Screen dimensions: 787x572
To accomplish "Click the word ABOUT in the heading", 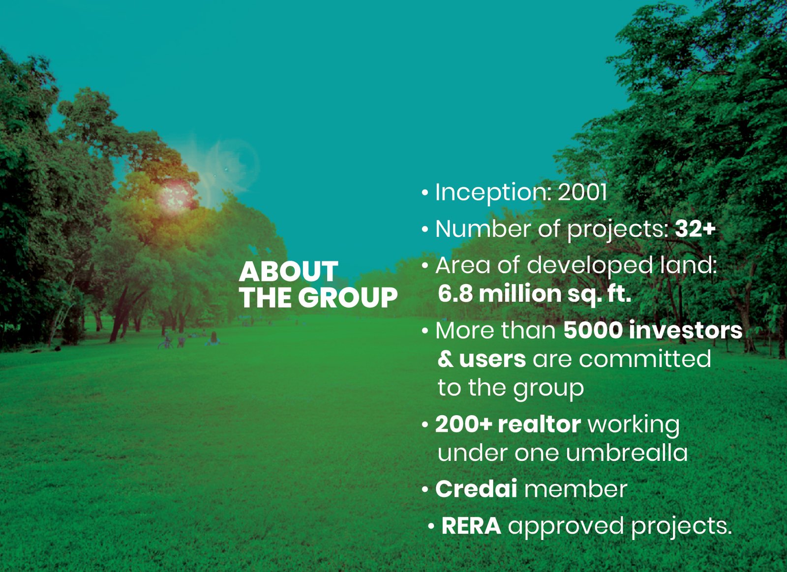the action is click(288, 271).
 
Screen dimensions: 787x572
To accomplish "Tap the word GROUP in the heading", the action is click(348, 298).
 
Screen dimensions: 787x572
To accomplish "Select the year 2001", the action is click(582, 193).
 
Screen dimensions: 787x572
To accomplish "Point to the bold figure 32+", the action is click(696, 229).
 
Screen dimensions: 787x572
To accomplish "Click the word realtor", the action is click(539, 424).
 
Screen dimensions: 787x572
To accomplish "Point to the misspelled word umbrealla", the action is click(627, 452).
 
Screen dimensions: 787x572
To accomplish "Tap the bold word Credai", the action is click(476, 488).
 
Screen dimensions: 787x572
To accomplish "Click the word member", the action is click(575, 488).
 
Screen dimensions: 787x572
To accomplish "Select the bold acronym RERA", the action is click(471, 526).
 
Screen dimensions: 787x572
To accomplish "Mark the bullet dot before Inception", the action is click(425, 193).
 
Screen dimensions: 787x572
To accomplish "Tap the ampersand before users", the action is click(446, 359).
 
